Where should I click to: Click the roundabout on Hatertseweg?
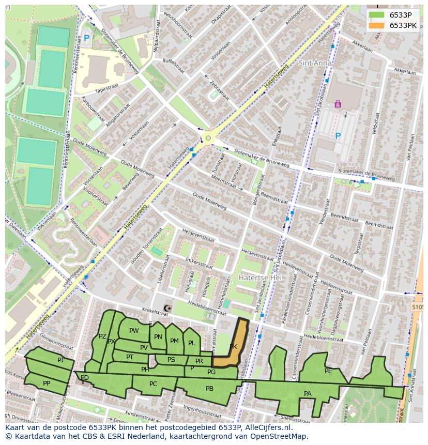click(x=208, y=137)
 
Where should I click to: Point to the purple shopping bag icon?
click(x=338, y=104)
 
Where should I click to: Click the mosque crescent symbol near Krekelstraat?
click(x=166, y=309)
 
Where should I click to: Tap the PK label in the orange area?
click(x=233, y=347)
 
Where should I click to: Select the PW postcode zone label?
click(x=134, y=331)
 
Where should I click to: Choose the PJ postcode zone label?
click(x=60, y=360)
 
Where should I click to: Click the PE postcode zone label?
click(x=328, y=371)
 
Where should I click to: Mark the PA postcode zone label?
click(x=308, y=394)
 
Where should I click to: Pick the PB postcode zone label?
click(x=209, y=389)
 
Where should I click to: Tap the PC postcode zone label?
click(x=153, y=384)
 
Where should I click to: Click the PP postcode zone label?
click(x=47, y=383)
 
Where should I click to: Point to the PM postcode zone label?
click(x=174, y=341)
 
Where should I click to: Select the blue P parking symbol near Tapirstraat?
click(x=86, y=38)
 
